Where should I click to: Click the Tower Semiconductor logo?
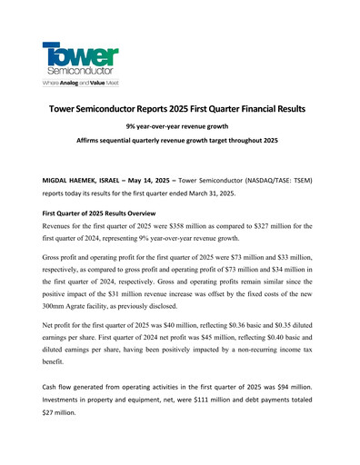(80, 55)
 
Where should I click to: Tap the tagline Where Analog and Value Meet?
(80, 83)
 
